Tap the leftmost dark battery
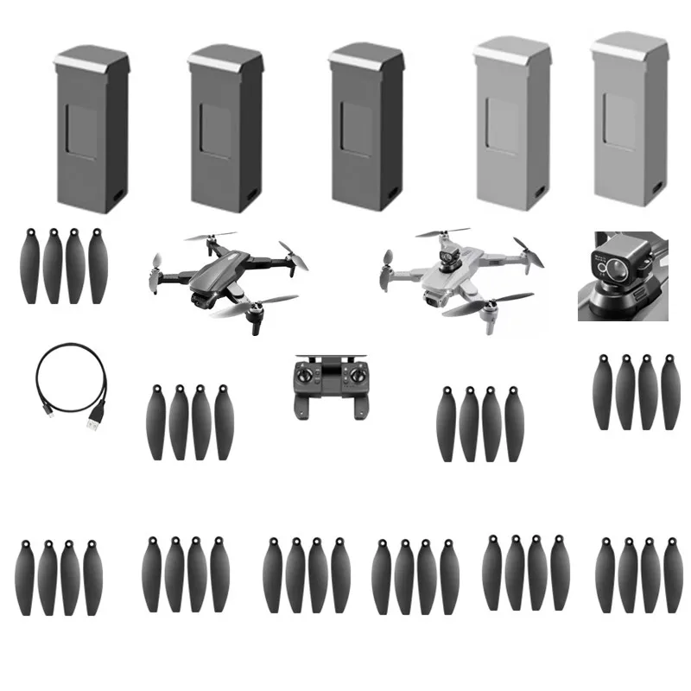[x=91, y=130]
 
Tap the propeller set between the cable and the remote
[x=189, y=422]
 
